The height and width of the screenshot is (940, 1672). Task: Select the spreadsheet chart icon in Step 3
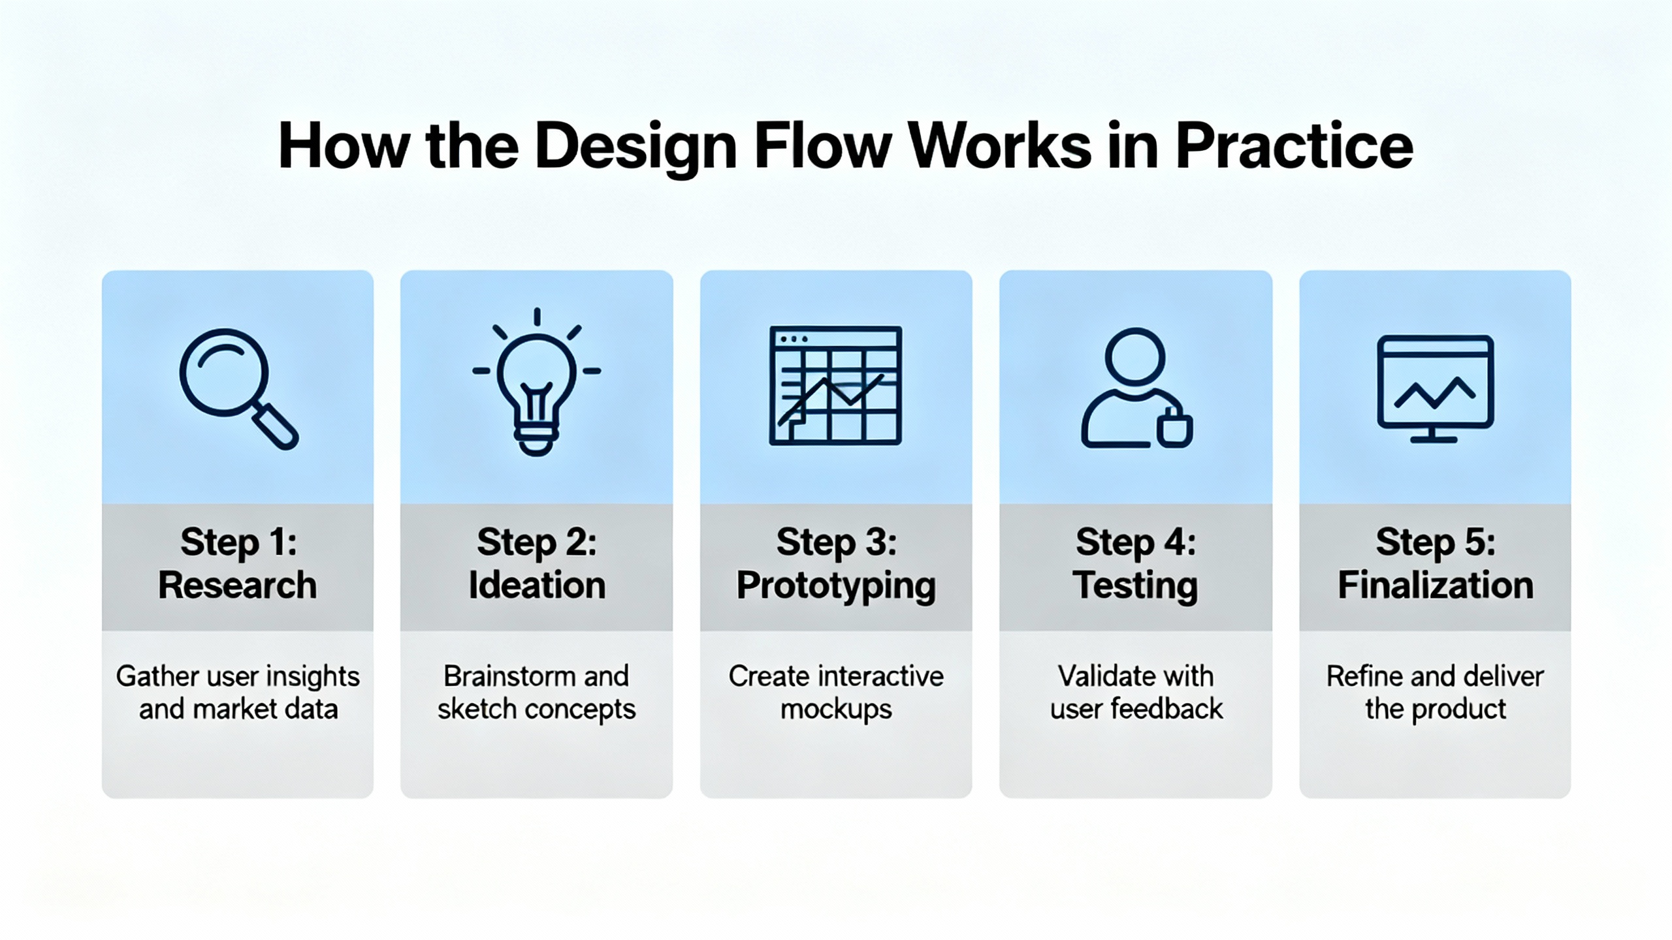(835, 386)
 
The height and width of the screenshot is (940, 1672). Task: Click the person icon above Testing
(1134, 388)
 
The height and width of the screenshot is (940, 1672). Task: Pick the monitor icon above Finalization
(1435, 389)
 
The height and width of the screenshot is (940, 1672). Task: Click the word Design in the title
(635, 146)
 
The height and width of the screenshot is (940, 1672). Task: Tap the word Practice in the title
(1294, 146)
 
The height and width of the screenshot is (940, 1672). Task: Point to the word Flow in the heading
(823, 146)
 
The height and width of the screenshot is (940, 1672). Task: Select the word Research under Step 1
(237, 585)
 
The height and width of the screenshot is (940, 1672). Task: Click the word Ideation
(537, 585)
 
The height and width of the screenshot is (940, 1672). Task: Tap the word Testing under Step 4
(1136, 585)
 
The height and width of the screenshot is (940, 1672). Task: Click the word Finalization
(1435, 585)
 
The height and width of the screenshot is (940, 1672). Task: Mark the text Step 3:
(836, 542)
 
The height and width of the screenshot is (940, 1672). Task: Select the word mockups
(836, 710)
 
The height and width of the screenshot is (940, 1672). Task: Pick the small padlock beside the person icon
(1174, 430)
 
